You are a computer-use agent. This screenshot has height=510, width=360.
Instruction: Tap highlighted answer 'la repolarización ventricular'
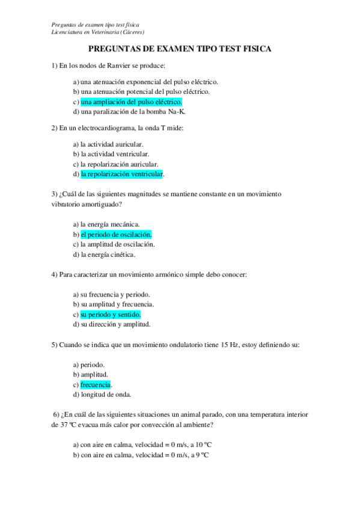[x=122, y=174]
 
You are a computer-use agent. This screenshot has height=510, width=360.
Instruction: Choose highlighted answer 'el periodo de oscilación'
[x=116, y=234]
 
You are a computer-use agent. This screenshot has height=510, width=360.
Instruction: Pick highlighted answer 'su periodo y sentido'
[x=111, y=315]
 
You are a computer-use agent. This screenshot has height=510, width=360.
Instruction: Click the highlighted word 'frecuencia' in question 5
[x=96, y=384]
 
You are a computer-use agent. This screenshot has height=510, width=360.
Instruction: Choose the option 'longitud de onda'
[x=105, y=395]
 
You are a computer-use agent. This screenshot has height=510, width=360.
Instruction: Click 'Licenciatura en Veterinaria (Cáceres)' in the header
[x=98, y=31]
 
